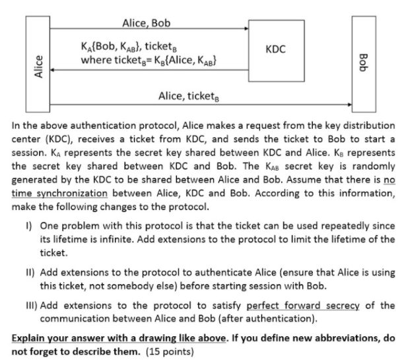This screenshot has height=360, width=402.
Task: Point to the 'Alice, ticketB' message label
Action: pos(189,96)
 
